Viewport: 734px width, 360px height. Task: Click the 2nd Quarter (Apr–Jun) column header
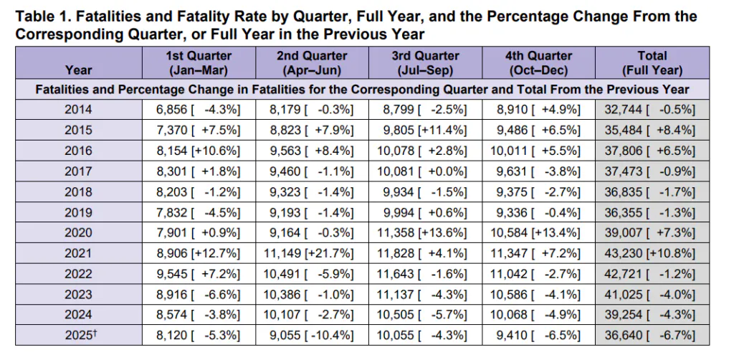click(312, 62)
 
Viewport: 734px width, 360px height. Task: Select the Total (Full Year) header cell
click(652, 62)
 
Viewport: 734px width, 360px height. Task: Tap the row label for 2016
click(79, 151)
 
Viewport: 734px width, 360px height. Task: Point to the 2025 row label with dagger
click(79, 335)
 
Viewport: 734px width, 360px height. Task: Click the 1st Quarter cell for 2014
click(199, 110)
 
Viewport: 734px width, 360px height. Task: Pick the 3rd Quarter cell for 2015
click(426, 130)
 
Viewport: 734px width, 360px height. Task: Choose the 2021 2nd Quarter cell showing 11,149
click(312, 253)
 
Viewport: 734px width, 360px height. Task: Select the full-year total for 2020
click(652, 232)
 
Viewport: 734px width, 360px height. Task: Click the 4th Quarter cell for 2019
click(539, 212)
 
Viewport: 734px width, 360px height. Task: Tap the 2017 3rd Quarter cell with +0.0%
click(426, 171)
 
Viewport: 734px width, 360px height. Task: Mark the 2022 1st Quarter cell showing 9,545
click(199, 274)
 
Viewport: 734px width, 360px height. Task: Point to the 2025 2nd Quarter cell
click(312, 335)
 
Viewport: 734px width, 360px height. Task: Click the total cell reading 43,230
click(652, 253)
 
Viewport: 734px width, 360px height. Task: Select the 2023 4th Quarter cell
click(539, 295)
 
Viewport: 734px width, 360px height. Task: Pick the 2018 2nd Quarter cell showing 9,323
click(312, 192)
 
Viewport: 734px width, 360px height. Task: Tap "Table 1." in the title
click(42, 17)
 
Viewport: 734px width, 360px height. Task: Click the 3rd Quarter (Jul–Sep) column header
click(426, 62)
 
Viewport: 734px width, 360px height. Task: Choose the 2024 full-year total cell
click(652, 315)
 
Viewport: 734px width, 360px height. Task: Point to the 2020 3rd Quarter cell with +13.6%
click(426, 232)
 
